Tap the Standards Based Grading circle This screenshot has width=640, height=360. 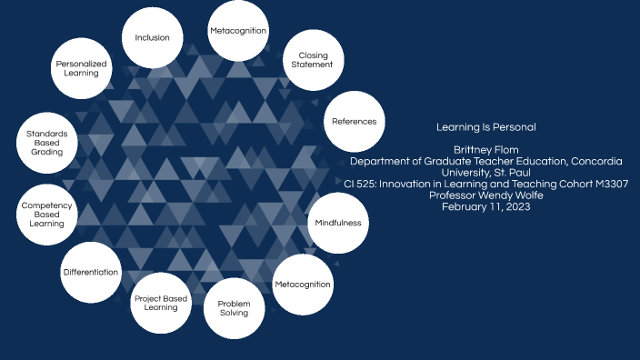[46, 144]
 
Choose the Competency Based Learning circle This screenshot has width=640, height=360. [47, 215]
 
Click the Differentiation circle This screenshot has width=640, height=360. [91, 273]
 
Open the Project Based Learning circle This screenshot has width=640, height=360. [161, 303]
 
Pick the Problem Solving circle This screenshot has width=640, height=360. [234, 308]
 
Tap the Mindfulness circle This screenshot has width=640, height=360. [338, 223]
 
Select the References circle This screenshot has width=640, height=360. [354, 122]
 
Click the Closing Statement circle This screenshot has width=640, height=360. [312, 61]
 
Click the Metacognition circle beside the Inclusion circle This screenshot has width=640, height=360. [238, 31]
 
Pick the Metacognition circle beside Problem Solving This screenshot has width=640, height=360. [303, 285]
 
